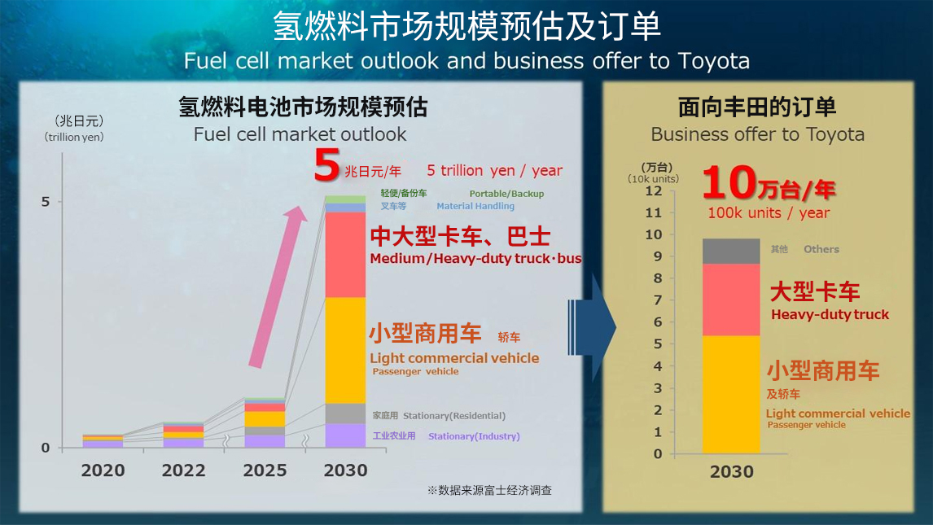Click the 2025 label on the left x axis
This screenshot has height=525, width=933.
point(265,470)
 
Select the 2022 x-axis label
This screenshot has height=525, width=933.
point(183,470)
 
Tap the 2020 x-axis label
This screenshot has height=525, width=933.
point(103,470)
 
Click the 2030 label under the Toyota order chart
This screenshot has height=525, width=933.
point(731,472)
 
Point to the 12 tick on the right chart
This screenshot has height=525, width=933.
point(655,190)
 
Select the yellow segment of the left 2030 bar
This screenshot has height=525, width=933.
point(345,350)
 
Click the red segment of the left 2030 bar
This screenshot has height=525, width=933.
point(345,255)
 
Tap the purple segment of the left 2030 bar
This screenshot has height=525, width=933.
point(345,435)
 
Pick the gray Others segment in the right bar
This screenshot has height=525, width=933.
point(730,252)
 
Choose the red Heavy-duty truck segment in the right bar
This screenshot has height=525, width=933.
point(730,300)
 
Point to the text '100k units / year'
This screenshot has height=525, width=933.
point(769,213)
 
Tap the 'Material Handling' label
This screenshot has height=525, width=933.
point(475,207)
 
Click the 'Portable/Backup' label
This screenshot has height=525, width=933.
point(506,194)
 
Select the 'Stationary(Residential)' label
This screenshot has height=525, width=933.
point(454,416)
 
